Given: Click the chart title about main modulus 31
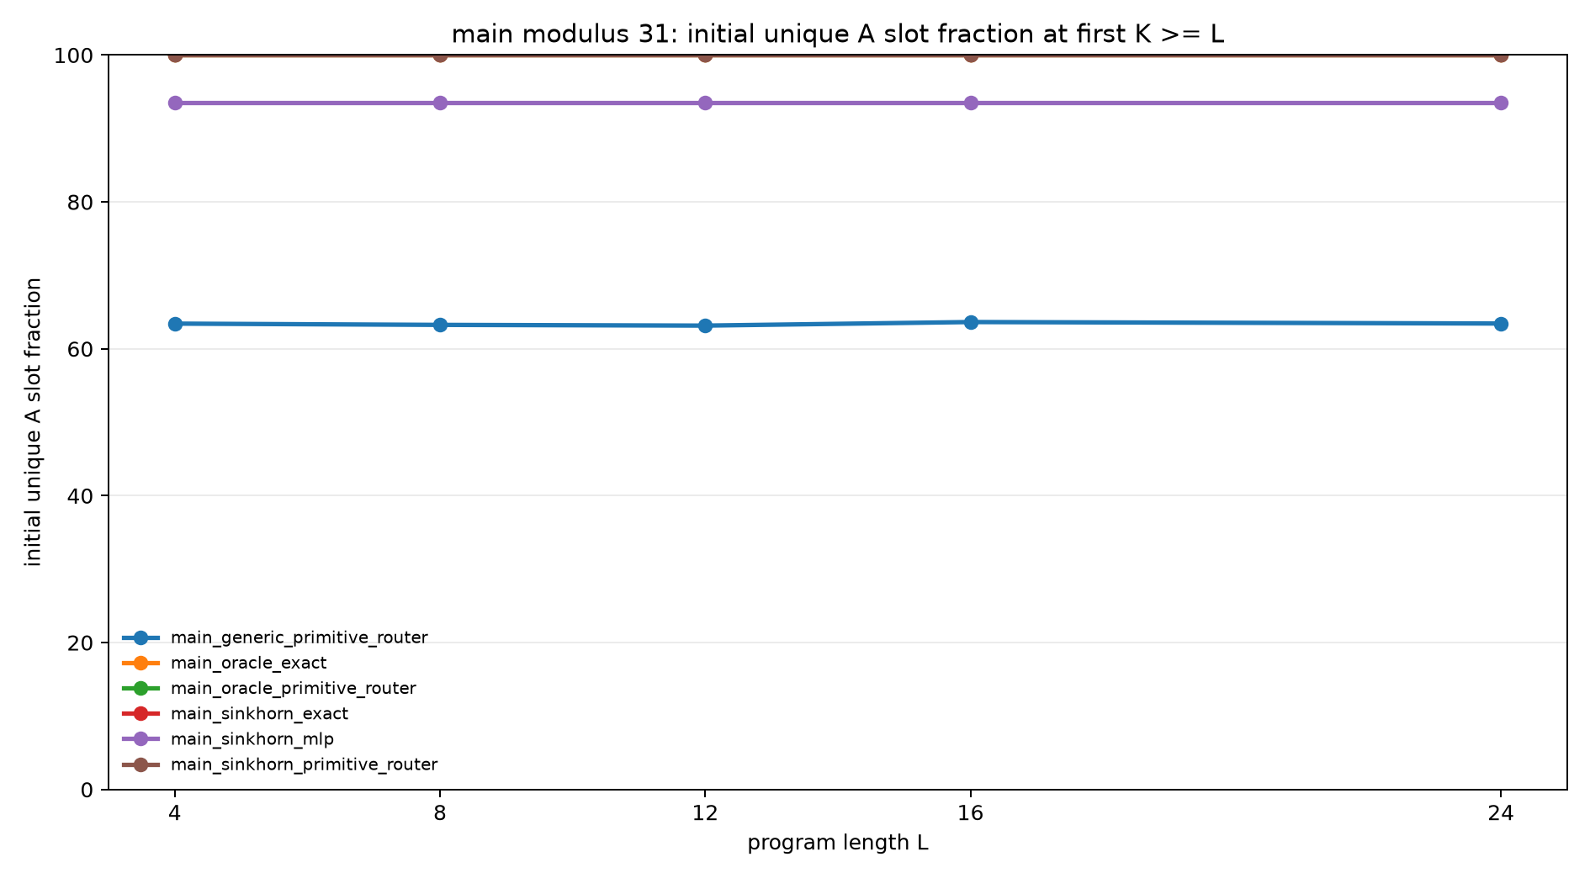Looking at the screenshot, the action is tap(837, 34).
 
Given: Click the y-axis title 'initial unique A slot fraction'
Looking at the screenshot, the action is tap(34, 422).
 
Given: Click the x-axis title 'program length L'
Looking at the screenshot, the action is tap(838, 843).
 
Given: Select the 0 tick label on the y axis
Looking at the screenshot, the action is tap(87, 790).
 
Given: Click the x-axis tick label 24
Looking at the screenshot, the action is tap(1501, 813).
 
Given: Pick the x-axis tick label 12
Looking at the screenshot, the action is tap(705, 813).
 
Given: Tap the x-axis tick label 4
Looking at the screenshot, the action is tap(175, 813).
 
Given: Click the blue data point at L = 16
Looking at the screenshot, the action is tap(971, 322).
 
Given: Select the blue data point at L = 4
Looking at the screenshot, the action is tap(175, 324).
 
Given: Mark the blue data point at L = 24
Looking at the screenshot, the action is tap(1501, 324).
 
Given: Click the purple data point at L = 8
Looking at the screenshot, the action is tap(440, 103).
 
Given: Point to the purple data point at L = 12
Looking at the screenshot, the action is tap(705, 103).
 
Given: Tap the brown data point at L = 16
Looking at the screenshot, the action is tap(971, 56).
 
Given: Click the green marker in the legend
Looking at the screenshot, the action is tap(140, 688).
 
